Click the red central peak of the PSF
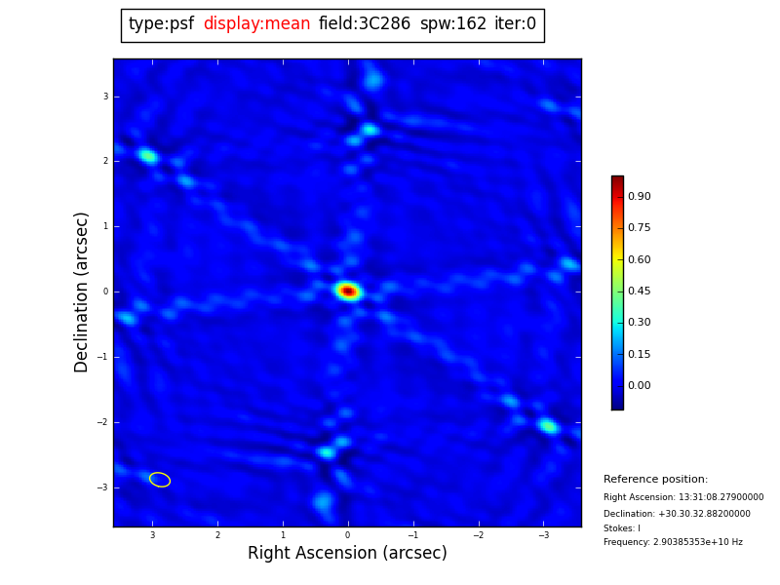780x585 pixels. pos(348,291)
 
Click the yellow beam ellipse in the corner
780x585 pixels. pos(160,480)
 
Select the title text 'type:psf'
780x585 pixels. pos(161,24)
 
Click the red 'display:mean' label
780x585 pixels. pos(256,24)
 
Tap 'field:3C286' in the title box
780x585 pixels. pos(365,24)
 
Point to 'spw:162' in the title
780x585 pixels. pos(453,24)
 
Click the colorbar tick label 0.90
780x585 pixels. pos(640,197)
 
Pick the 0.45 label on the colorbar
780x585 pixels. pos(640,292)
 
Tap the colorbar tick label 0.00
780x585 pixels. pos(640,386)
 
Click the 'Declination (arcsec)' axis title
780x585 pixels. pos(83,292)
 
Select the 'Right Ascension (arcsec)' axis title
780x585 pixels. pos(347,554)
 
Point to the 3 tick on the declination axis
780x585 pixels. pos(105,97)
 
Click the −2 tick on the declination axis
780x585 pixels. pos(102,422)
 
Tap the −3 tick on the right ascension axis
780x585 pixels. pos(543,535)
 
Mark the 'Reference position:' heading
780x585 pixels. pos(655,480)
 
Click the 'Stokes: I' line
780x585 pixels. pos(622,528)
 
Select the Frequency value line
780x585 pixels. pos(673,542)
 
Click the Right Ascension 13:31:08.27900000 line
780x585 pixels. pos(683,497)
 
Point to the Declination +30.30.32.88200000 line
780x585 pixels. pos(677,514)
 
